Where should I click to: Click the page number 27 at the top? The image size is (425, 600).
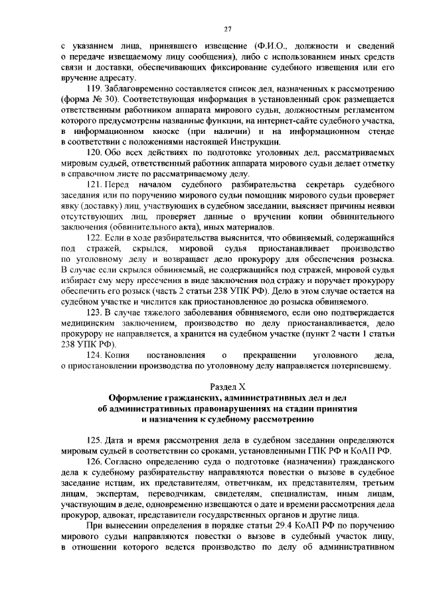[x=227, y=29]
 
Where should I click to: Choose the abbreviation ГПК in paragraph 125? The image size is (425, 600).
[x=317, y=451]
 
